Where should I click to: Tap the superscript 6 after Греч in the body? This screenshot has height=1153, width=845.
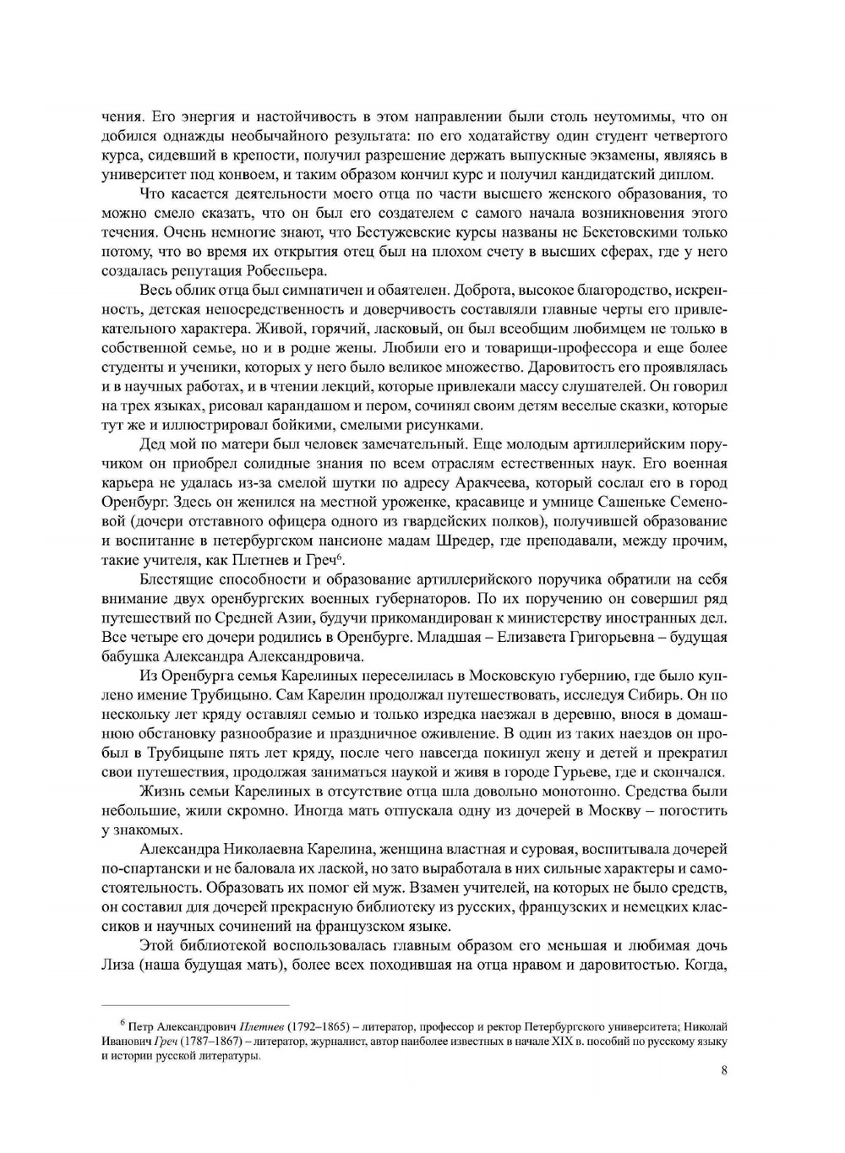point(339,557)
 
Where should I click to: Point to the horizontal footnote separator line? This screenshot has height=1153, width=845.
point(194,1005)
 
